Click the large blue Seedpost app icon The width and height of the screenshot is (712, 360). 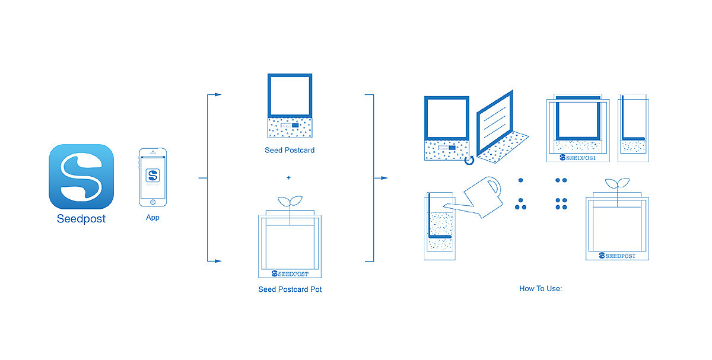(x=81, y=176)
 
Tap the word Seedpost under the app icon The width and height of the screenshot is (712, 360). (x=81, y=219)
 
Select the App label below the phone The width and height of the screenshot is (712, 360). (x=152, y=218)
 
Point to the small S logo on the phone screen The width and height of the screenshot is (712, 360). (x=152, y=175)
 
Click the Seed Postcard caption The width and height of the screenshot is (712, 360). (x=290, y=150)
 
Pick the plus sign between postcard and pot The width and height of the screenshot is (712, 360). (x=289, y=177)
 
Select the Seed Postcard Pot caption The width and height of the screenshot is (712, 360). (x=290, y=289)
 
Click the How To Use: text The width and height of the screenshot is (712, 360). (x=540, y=289)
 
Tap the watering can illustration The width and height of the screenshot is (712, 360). (x=479, y=195)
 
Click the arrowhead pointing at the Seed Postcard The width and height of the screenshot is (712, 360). (x=218, y=94)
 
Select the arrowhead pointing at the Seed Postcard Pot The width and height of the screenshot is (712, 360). (x=218, y=260)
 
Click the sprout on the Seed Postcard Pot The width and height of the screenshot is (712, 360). (x=290, y=201)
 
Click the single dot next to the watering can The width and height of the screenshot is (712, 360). (x=520, y=180)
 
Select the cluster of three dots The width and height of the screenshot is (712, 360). (x=520, y=204)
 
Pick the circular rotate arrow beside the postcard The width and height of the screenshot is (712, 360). (x=469, y=159)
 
